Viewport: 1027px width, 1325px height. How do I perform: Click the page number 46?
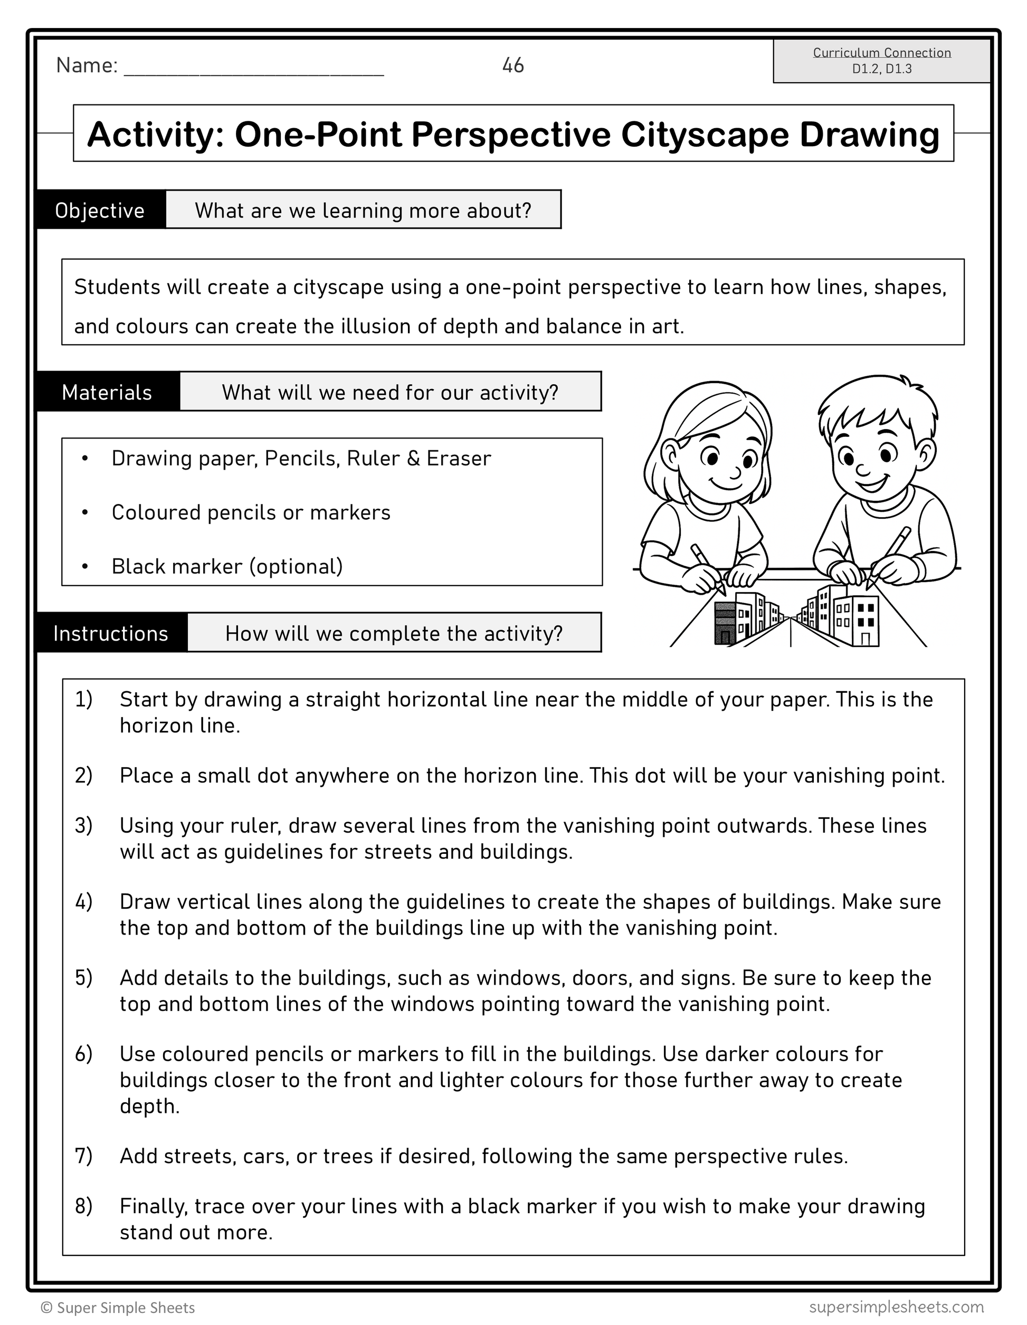click(x=512, y=65)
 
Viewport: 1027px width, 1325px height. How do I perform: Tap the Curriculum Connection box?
click(x=881, y=61)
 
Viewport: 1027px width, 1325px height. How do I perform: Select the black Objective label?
click(x=100, y=210)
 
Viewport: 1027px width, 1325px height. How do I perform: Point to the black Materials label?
click(x=107, y=392)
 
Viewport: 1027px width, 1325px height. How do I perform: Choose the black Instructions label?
click(x=111, y=633)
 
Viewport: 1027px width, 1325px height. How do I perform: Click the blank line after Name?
click(x=253, y=68)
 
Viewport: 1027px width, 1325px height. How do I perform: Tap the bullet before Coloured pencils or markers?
click(x=85, y=513)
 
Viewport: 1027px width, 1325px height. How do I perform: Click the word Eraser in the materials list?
click(x=459, y=458)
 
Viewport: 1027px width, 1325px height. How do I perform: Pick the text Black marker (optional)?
click(x=227, y=566)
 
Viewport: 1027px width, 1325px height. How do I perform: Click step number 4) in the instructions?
click(x=84, y=901)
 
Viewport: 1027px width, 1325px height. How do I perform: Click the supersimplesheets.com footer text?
click(x=896, y=1306)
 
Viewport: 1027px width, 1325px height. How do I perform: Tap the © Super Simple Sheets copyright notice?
click(x=118, y=1308)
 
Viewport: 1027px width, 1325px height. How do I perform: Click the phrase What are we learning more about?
click(x=363, y=210)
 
